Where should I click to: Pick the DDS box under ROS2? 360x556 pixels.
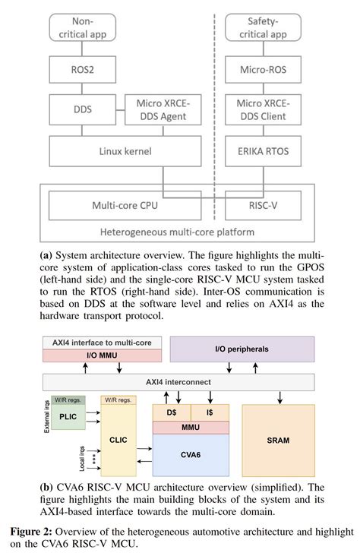pos(80,110)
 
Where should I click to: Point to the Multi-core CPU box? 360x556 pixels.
pos(121,204)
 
